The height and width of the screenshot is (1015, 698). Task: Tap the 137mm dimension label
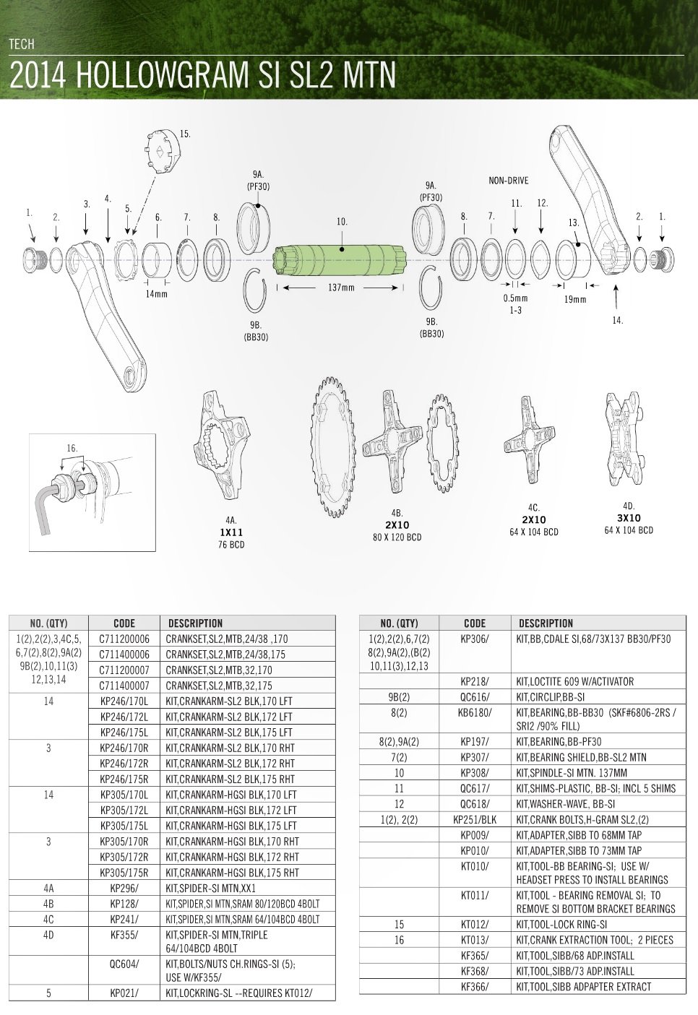point(341,288)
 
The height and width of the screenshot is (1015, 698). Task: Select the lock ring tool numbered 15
point(161,152)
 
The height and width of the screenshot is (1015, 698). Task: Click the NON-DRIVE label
point(509,181)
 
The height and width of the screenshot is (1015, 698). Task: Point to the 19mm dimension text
point(574,300)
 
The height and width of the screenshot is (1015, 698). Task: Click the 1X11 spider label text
point(231,532)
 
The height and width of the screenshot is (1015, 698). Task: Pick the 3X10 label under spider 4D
point(629,519)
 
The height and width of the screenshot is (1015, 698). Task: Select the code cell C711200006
point(124,639)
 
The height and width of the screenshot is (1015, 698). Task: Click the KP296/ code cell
point(124,888)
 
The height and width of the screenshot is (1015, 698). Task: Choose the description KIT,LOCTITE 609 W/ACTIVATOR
point(575,681)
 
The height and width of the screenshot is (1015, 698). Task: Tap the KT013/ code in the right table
point(475,941)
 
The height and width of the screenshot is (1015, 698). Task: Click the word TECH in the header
point(21,44)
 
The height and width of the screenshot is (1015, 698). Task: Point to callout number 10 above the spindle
point(342,222)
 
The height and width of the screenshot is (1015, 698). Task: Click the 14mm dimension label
point(156,294)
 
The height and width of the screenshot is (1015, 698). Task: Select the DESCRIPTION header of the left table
point(195,623)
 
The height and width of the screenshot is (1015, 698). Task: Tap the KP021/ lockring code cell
point(124,993)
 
